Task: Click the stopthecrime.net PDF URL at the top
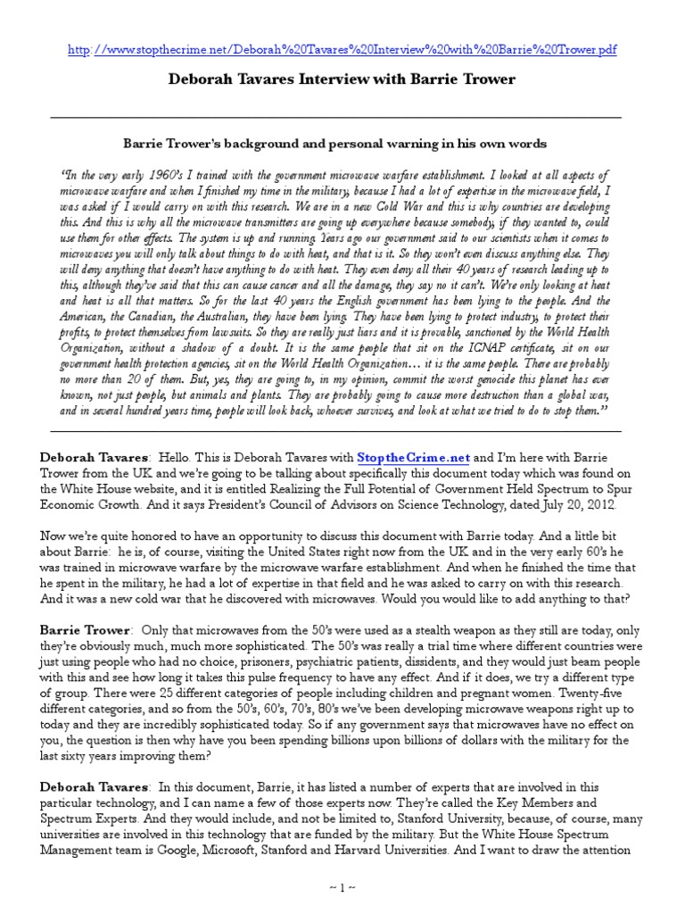coord(342,50)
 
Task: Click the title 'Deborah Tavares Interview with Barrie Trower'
coord(342,79)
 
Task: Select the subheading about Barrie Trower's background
coord(335,144)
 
